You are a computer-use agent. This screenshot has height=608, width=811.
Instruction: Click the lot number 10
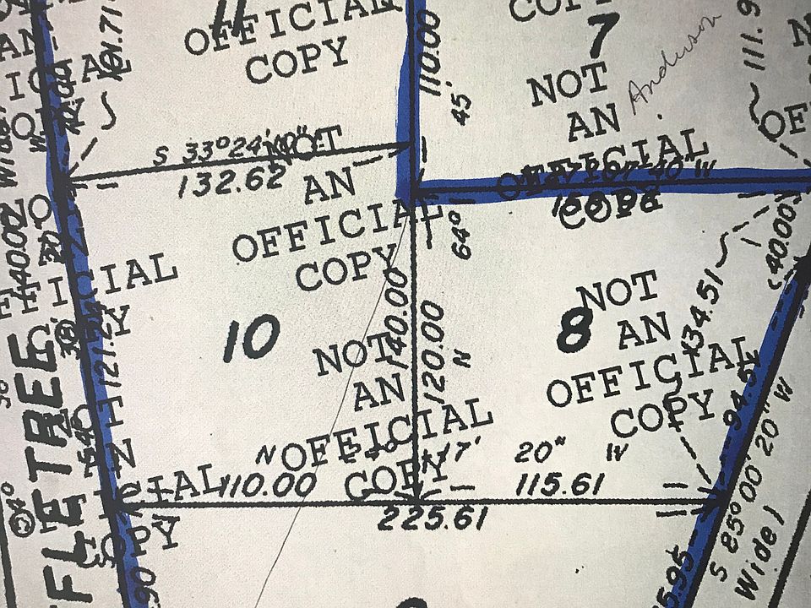pyautogui.click(x=252, y=338)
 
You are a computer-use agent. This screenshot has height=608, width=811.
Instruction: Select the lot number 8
pyautogui.click(x=574, y=330)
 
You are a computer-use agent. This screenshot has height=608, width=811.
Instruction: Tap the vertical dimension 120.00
pyautogui.click(x=435, y=351)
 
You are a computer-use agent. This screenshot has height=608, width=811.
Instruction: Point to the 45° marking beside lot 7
pyautogui.click(x=464, y=106)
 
